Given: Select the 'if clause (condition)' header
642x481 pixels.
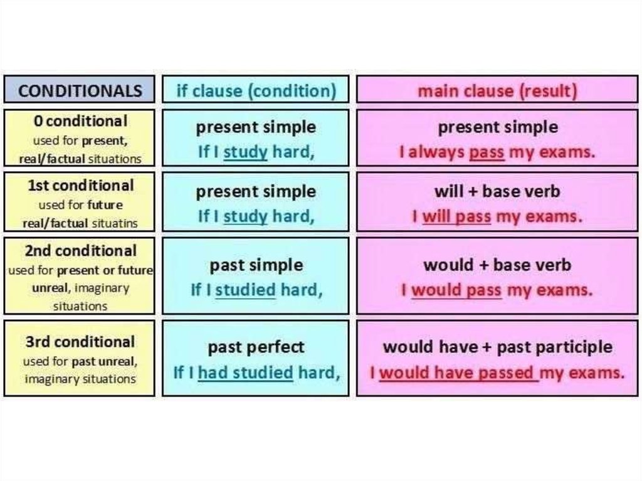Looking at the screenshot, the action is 256,91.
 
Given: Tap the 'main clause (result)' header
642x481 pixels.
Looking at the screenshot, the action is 497,91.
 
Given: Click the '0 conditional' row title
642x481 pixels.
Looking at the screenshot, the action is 80,121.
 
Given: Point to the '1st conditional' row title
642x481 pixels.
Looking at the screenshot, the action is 81,186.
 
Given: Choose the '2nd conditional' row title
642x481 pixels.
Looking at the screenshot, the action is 81,251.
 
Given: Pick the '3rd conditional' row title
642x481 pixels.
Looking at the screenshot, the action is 80,342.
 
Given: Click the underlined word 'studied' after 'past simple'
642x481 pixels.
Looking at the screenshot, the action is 245,290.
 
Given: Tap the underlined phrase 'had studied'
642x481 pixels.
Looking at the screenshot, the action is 245,373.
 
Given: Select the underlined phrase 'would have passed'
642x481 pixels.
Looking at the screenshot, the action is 458,373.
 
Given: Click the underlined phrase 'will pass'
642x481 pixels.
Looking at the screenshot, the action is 456,216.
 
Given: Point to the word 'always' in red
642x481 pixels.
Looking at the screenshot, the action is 436,152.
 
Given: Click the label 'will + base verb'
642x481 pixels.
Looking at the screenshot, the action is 497,192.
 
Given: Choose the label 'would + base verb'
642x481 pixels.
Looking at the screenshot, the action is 497,265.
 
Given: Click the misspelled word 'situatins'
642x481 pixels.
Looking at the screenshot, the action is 115,223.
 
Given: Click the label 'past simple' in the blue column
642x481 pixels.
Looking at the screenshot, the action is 256,265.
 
